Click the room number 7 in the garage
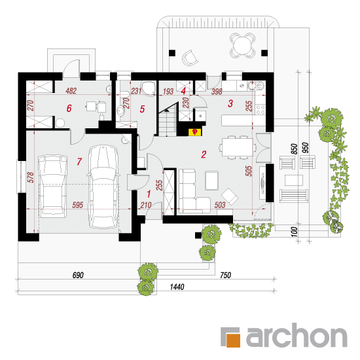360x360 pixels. [79, 162]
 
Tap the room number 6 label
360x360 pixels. [69, 108]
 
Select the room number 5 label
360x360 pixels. [142, 109]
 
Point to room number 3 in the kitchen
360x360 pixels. [230, 103]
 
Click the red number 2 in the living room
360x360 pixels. [204, 154]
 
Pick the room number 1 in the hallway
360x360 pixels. [149, 194]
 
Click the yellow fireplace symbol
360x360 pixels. [195, 132]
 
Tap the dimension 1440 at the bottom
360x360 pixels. [177, 287]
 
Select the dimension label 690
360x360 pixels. [78, 275]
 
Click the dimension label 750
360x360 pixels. [225, 275]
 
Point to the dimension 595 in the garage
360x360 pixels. [78, 205]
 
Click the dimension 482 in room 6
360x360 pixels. [71, 91]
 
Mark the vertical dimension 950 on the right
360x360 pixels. [306, 148]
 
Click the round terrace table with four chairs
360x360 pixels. [242, 45]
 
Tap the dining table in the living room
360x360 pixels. [238, 147]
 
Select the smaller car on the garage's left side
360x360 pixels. [53, 187]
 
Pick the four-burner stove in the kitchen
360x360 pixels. [261, 109]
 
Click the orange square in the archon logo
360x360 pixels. [233, 340]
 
